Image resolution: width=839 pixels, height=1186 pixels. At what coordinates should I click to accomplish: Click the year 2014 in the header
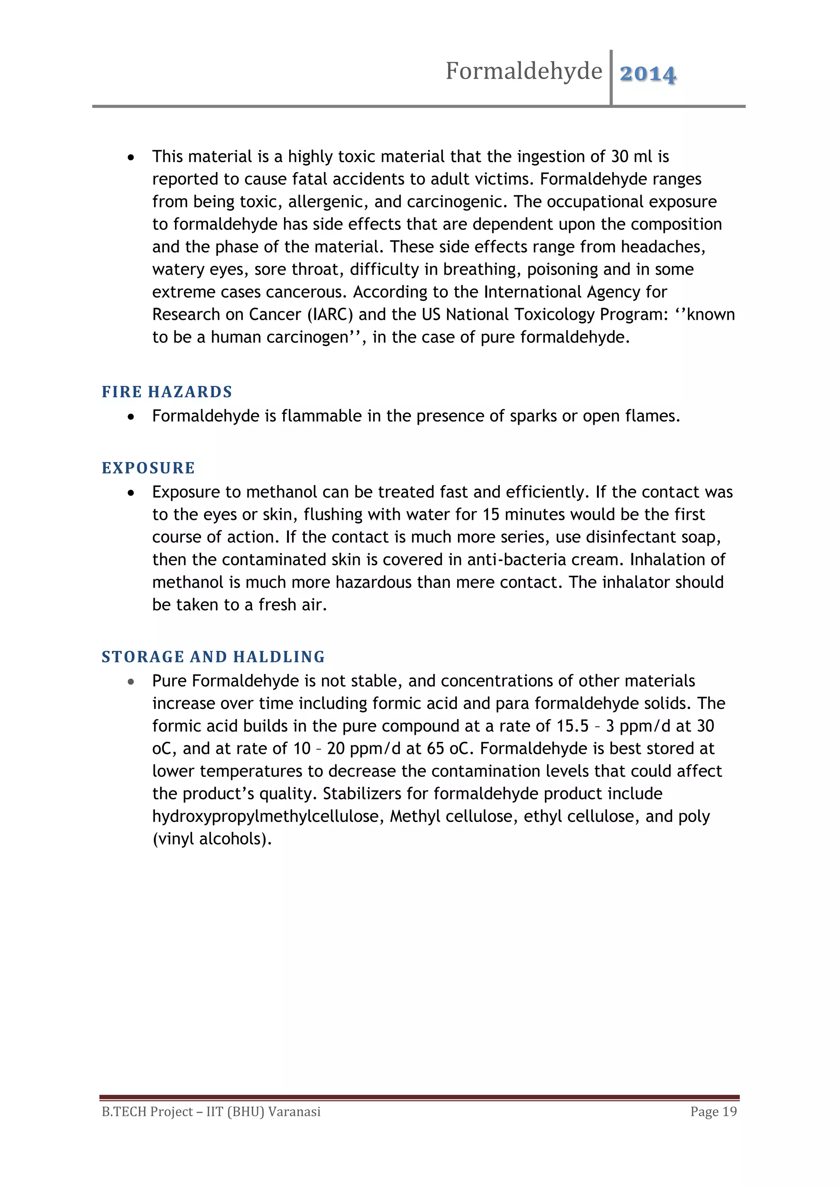(647, 74)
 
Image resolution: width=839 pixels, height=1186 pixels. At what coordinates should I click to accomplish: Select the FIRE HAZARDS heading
(167, 392)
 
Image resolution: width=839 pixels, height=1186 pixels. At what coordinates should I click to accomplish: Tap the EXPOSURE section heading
(148, 468)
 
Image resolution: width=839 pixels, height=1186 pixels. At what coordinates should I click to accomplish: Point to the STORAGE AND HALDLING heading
(213, 657)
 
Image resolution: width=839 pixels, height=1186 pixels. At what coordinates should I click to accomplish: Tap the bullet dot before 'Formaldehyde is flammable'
(131, 416)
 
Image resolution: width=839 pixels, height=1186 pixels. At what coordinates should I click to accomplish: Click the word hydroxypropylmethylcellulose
(268, 816)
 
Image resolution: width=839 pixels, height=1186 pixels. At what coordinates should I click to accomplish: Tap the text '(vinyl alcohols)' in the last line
(212, 839)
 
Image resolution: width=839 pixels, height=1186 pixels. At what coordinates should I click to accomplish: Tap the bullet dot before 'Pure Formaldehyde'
(131, 682)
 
